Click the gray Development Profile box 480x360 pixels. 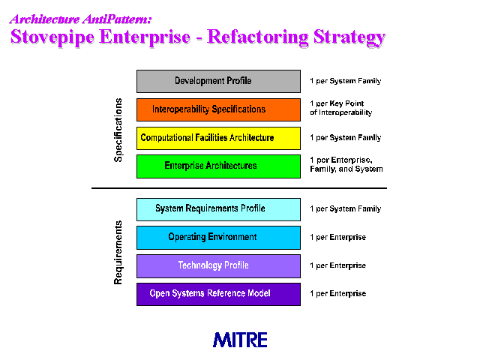coord(218,81)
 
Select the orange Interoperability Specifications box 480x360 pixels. coord(218,109)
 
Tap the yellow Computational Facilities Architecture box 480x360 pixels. coord(218,138)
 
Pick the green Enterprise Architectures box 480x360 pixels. coord(218,166)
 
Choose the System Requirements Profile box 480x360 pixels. coord(218,209)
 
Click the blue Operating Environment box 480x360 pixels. coord(218,238)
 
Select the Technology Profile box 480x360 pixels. coord(218,266)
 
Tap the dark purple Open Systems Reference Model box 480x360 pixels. coord(218,294)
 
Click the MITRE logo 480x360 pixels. coord(240,340)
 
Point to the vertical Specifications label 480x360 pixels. coord(118,130)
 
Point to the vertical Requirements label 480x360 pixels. coord(118,253)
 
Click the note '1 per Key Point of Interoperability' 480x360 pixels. coord(341,108)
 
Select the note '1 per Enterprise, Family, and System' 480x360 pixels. coord(346,164)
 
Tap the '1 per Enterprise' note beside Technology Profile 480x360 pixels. coord(337,265)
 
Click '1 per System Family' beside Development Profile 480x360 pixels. coord(345,81)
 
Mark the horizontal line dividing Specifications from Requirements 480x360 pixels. coord(239,188)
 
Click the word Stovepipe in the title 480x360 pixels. coord(52,37)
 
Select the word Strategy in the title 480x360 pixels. coord(349,37)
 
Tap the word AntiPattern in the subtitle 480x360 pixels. coord(117,19)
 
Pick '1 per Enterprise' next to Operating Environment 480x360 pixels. coord(337,237)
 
